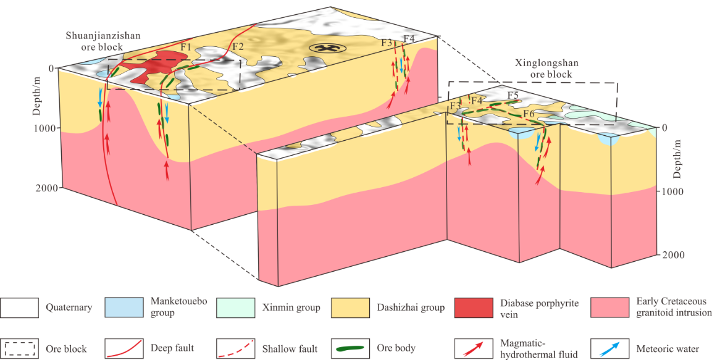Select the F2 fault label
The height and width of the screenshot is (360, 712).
coord(238,46)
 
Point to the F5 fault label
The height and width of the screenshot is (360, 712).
coord(513,95)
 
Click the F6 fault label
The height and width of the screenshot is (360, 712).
coord(529,114)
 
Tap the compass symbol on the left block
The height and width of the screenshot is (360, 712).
coord(321,48)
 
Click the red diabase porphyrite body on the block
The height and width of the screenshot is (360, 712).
coord(151,66)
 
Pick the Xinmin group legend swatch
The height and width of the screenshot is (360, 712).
coord(236,307)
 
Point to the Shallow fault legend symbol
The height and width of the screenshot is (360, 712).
coord(236,349)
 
